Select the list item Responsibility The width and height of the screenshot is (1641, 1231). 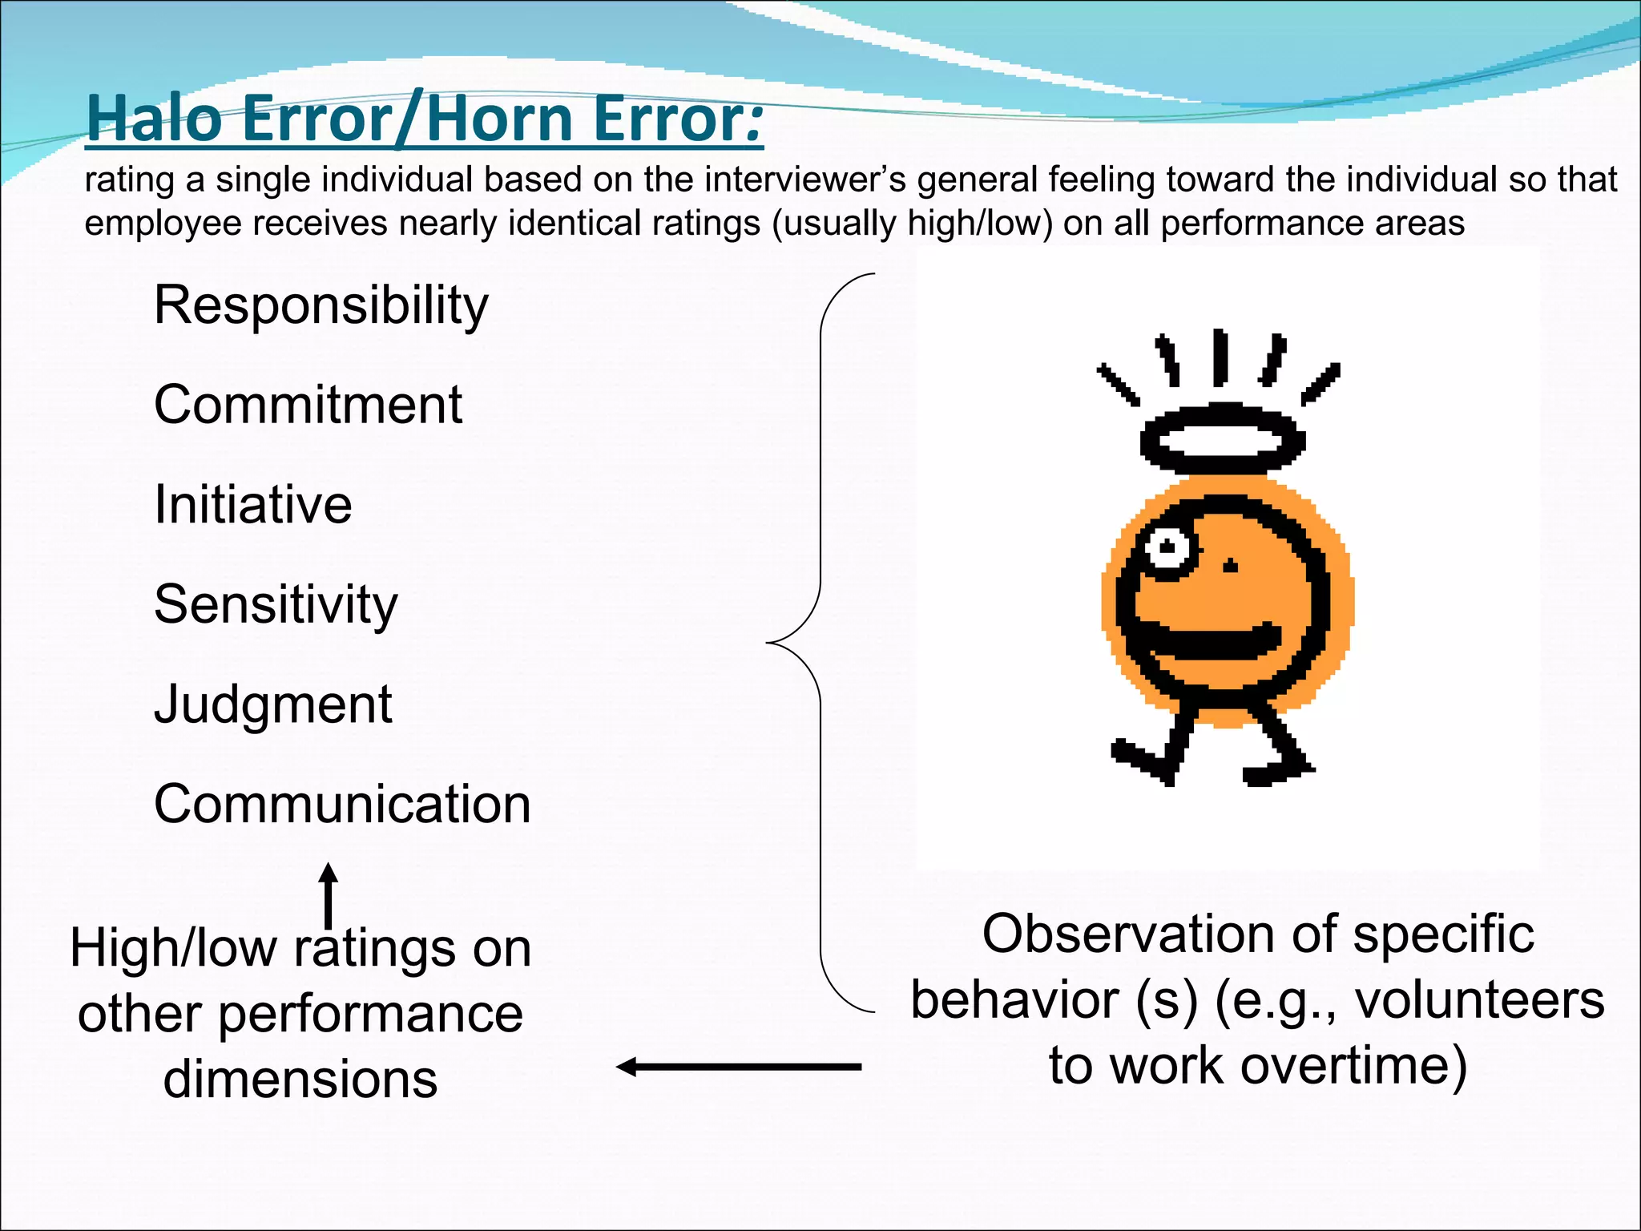point(321,306)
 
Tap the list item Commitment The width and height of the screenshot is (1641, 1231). point(308,405)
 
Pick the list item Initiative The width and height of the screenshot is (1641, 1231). point(253,505)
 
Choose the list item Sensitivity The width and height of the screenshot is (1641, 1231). point(276,605)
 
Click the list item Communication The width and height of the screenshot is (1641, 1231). point(342,804)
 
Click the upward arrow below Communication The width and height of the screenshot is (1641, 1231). point(328,894)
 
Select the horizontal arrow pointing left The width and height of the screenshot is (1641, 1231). point(737,1067)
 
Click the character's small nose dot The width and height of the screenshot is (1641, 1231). point(1231,567)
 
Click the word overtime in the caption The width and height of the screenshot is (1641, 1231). point(1346,1066)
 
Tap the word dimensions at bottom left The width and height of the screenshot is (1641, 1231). point(300,1079)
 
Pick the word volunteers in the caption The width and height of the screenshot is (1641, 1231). point(1479,1001)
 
